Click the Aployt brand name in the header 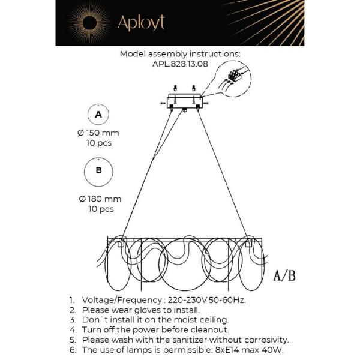click(x=141, y=23)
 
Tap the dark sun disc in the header click(x=89, y=23)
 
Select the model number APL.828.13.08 click(x=180, y=64)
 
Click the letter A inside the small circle click(x=98, y=115)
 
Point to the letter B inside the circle click(x=99, y=170)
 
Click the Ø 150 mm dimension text click(x=98, y=133)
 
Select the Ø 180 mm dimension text click(x=100, y=199)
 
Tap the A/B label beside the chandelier click(x=284, y=275)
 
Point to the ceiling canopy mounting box click(x=185, y=103)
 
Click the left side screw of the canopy click(x=163, y=104)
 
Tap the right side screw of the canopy click(x=206, y=103)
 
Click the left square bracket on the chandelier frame click(x=121, y=244)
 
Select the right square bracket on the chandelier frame click(x=248, y=244)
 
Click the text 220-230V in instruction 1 click(x=187, y=300)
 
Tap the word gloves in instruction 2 click(x=148, y=310)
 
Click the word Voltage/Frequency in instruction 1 click(x=122, y=301)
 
